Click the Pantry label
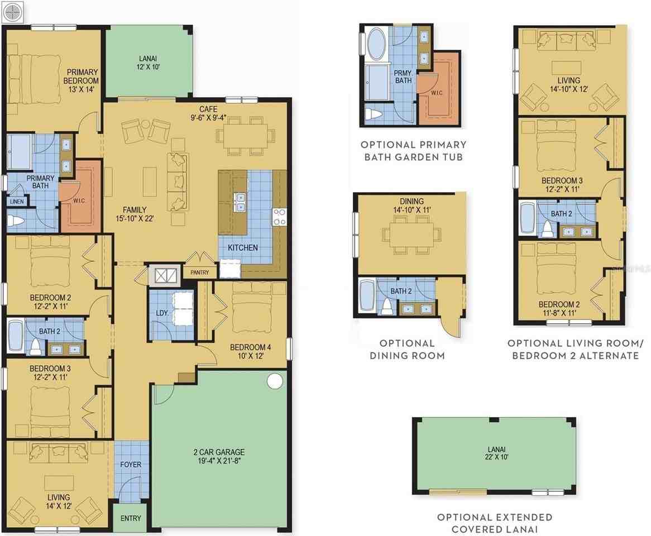(200, 273)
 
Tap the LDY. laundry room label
(162, 313)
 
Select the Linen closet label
(17, 202)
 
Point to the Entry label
(131, 518)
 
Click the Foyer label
(131, 465)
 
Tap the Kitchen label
(243, 247)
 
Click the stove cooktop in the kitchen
(279, 217)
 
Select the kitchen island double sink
(240, 202)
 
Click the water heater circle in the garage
(275, 381)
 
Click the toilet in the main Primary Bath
(16, 221)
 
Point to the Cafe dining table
(245, 135)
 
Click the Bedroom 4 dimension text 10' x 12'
(251, 356)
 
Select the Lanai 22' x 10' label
(496, 453)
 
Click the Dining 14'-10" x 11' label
(412, 205)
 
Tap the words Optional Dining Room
(407, 349)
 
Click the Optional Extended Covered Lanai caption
(495, 523)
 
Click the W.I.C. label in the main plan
(79, 201)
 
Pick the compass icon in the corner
(13, 12)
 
